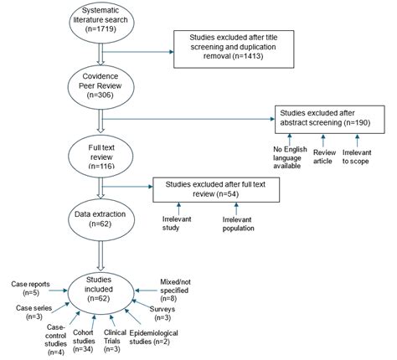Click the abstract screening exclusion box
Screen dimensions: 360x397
pos(331,116)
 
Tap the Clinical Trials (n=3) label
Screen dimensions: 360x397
pos(115,340)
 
